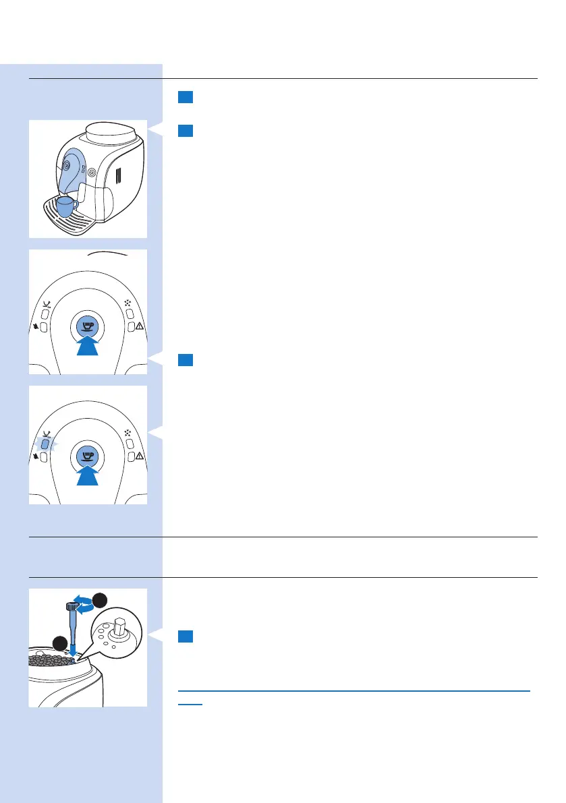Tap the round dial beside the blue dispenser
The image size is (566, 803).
point(92,172)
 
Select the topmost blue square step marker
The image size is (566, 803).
point(186,98)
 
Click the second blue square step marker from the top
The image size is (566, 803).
point(186,130)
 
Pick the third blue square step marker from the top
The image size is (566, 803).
point(186,360)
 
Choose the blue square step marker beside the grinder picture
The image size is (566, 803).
point(186,636)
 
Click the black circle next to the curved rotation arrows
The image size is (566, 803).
point(100,599)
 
